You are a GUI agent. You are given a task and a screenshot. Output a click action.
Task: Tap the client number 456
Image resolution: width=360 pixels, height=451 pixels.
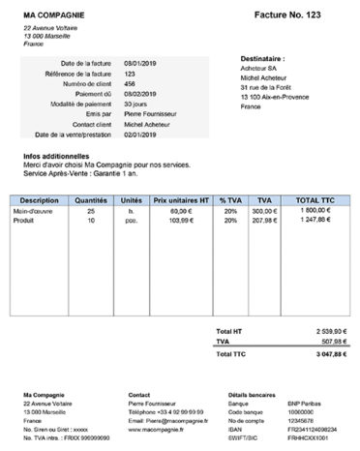[x=131, y=83]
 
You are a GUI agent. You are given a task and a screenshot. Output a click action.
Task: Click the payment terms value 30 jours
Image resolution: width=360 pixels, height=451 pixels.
[x=136, y=104]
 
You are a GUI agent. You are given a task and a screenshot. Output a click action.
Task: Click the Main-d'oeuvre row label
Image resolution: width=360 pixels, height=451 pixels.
[x=32, y=210]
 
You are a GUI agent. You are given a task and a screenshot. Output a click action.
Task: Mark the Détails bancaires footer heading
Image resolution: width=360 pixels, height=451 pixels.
[x=253, y=396]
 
